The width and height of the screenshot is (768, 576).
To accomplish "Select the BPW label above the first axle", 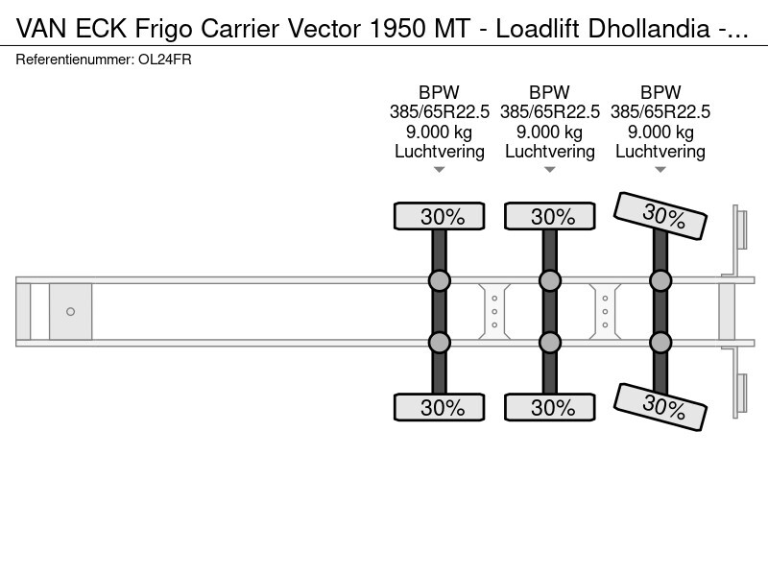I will (x=440, y=92).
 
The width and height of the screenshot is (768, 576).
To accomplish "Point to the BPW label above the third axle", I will (x=660, y=92).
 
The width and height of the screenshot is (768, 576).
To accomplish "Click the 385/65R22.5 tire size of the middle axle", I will (x=550, y=112).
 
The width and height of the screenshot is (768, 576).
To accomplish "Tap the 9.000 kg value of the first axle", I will (x=440, y=132).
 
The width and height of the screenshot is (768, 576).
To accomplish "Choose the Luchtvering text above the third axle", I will (x=660, y=152).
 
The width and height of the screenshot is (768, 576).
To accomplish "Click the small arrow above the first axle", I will (x=440, y=170).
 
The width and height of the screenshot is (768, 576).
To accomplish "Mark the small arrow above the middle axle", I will (x=550, y=170).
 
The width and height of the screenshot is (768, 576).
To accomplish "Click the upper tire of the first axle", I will (x=440, y=217).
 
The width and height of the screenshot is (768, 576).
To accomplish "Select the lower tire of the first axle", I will (x=440, y=407).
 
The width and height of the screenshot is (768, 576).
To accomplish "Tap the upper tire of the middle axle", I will (x=550, y=217).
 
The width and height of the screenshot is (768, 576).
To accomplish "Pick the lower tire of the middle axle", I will (x=550, y=407).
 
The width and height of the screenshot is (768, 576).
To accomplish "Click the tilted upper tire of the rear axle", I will (x=661, y=216).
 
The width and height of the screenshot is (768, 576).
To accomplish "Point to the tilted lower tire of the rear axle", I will (x=661, y=407).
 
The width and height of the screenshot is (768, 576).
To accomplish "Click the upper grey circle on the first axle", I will (x=440, y=280).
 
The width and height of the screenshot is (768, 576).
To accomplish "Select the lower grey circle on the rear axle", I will (x=660, y=343).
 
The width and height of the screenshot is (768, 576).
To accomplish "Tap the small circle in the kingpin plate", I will (x=70, y=312).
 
